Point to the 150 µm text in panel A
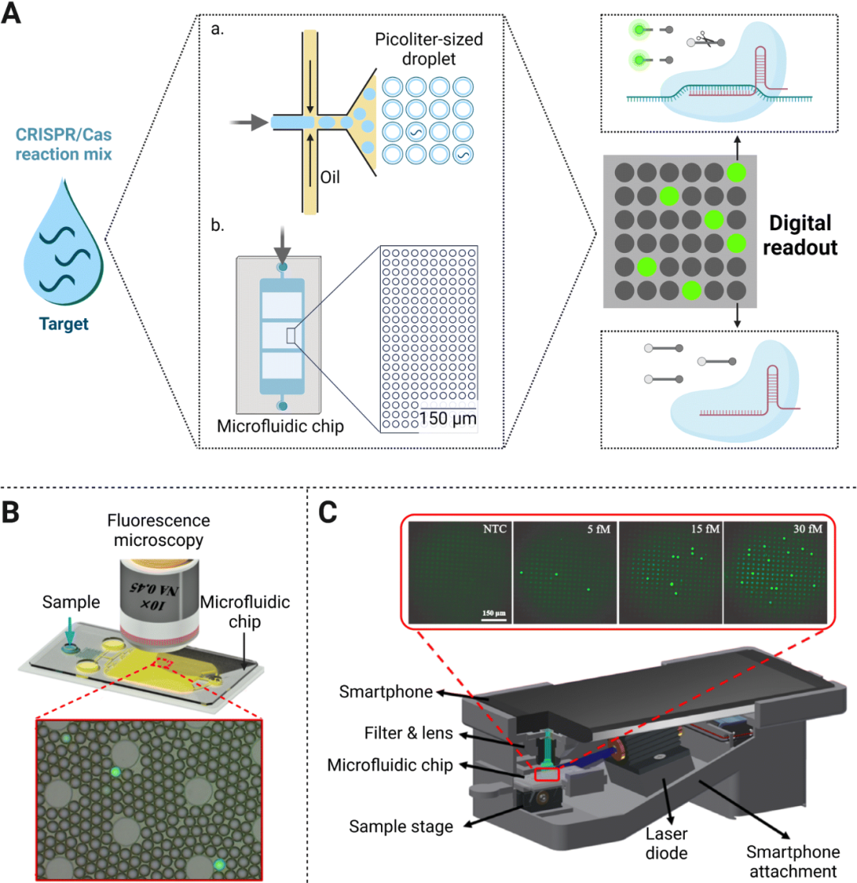pos(448,418)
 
